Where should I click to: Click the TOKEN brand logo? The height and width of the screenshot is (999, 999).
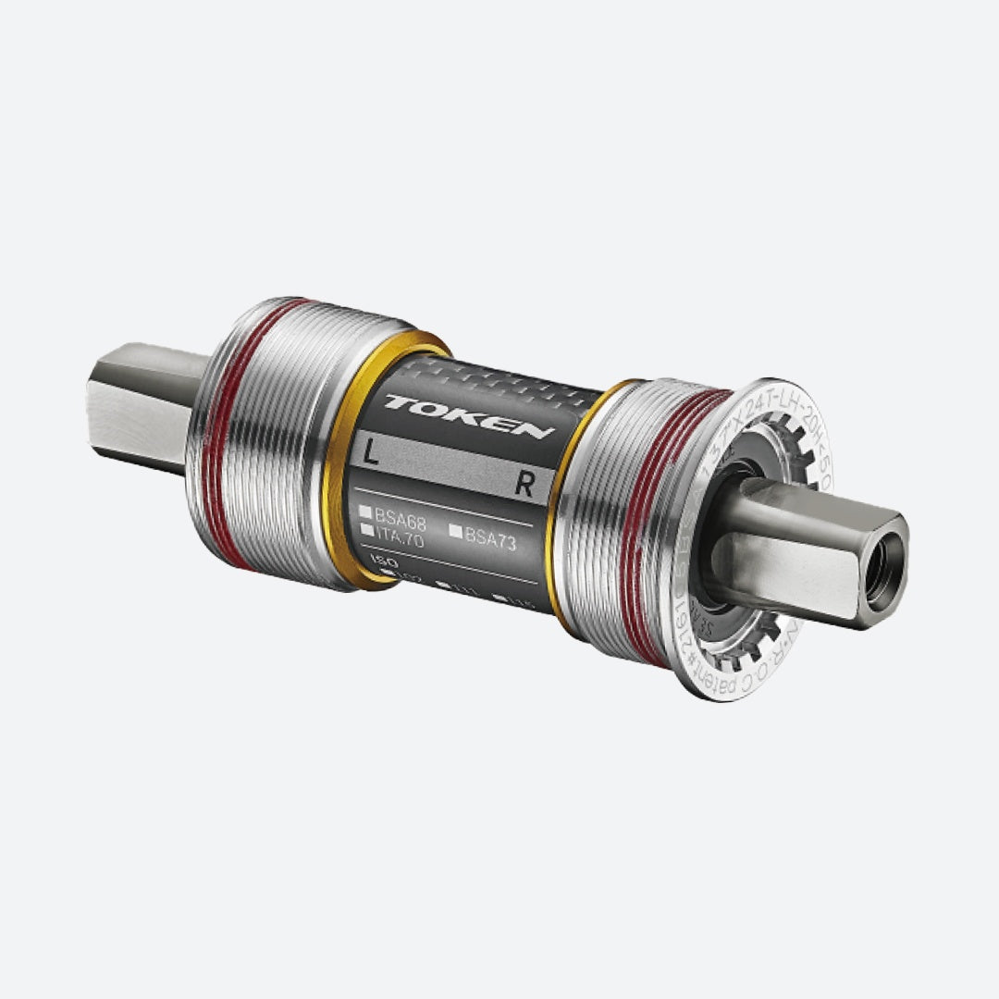pos(470,417)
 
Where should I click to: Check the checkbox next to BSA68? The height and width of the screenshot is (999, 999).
pos(366,512)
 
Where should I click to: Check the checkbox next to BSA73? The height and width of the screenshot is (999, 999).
pos(455,531)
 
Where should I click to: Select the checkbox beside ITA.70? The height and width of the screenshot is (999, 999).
pos(368,530)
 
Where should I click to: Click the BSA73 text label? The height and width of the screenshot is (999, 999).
pos(490,538)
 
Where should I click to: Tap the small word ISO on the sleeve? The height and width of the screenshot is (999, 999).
pos(377,561)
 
